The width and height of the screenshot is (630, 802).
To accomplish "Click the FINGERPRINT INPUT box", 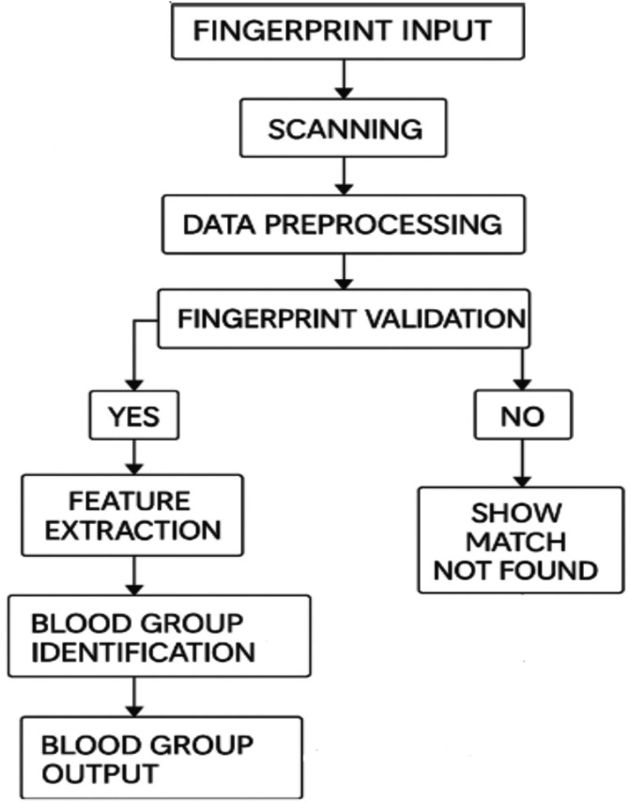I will (342, 32).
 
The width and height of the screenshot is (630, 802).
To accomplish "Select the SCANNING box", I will (344, 129).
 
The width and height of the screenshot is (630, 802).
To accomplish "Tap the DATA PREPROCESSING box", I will (344, 225).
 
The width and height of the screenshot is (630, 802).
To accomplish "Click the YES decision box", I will (133, 415).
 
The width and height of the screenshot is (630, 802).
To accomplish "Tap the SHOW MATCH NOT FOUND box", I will (521, 541).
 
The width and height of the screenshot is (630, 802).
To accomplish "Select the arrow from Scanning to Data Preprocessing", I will (344, 175).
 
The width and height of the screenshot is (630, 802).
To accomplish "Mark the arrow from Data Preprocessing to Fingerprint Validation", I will (344, 271).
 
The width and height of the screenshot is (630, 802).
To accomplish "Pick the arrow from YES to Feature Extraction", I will (133, 456).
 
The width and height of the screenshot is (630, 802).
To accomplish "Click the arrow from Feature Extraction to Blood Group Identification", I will (134, 575).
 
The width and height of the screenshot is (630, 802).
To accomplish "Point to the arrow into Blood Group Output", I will (134, 697).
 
